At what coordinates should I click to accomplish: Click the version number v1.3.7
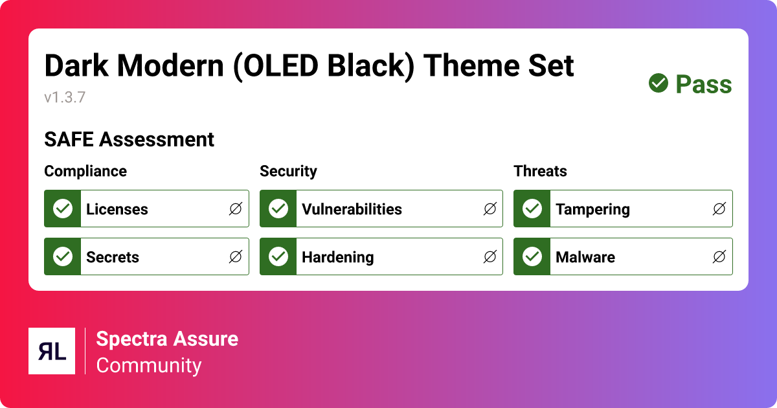click(x=65, y=98)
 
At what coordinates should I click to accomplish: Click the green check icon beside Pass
click(x=659, y=83)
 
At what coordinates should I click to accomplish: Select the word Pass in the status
click(x=703, y=84)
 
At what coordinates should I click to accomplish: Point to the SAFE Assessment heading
click(x=129, y=139)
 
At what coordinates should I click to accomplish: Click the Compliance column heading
click(x=85, y=171)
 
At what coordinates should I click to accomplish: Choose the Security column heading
click(x=288, y=171)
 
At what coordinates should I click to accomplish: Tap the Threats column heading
click(x=540, y=171)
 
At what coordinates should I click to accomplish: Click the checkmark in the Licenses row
click(x=63, y=209)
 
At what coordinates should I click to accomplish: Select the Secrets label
click(x=113, y=257)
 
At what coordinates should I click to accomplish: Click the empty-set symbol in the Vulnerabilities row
click(x=490, y=209)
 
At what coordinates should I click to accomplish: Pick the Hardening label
click(x=337, y=257)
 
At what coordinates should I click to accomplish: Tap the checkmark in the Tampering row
click(x=532, y=209)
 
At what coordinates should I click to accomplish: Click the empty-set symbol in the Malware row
click(x=719, y=257)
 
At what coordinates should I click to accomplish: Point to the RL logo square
click(x=52, y=351)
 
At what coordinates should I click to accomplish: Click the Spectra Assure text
click(x=167, y=339)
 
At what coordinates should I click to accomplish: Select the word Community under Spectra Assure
click(x=149, y=365)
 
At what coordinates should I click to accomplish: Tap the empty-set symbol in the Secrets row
click(x=236, y=257)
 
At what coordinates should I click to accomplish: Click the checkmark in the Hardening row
click(x=278, y=257)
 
